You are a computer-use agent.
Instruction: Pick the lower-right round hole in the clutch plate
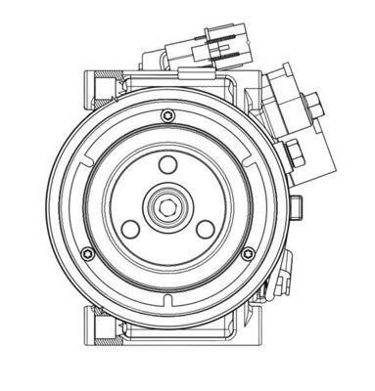click(205, 228)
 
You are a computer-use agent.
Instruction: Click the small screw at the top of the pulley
click(163, 116)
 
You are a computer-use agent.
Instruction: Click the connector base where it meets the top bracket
click(186, 66)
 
